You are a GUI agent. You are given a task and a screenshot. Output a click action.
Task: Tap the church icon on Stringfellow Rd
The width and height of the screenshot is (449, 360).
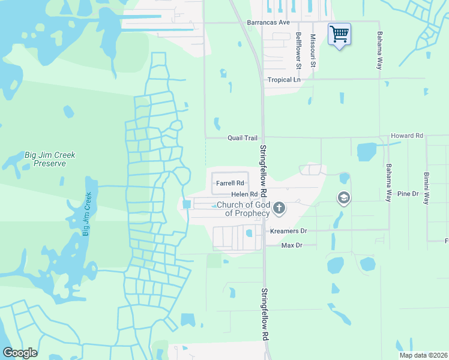(279, 208)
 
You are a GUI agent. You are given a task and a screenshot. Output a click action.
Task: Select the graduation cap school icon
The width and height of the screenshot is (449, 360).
(343, 198)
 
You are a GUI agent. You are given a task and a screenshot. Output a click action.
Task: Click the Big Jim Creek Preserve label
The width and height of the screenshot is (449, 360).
(50, 159)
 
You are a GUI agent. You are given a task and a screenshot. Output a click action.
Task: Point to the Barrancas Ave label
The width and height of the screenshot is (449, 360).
(268, 22)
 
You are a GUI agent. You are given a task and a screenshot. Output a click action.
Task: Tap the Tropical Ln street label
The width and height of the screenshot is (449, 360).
(284, 80)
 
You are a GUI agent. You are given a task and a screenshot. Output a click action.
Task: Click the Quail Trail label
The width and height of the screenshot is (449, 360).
(242, 138)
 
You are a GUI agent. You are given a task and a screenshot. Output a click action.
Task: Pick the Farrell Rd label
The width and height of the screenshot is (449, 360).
(231, 183)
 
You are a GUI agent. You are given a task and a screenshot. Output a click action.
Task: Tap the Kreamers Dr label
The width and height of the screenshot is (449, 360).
(288, 231)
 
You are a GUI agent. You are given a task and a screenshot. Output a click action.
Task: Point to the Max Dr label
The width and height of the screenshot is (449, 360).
(291, 245)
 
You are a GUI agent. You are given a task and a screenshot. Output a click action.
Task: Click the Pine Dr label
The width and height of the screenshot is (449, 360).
(407, 194)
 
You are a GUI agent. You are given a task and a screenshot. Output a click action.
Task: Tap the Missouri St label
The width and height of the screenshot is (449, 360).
(313, 50)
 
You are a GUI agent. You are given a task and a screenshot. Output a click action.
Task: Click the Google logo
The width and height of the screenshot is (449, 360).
(20, 353)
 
